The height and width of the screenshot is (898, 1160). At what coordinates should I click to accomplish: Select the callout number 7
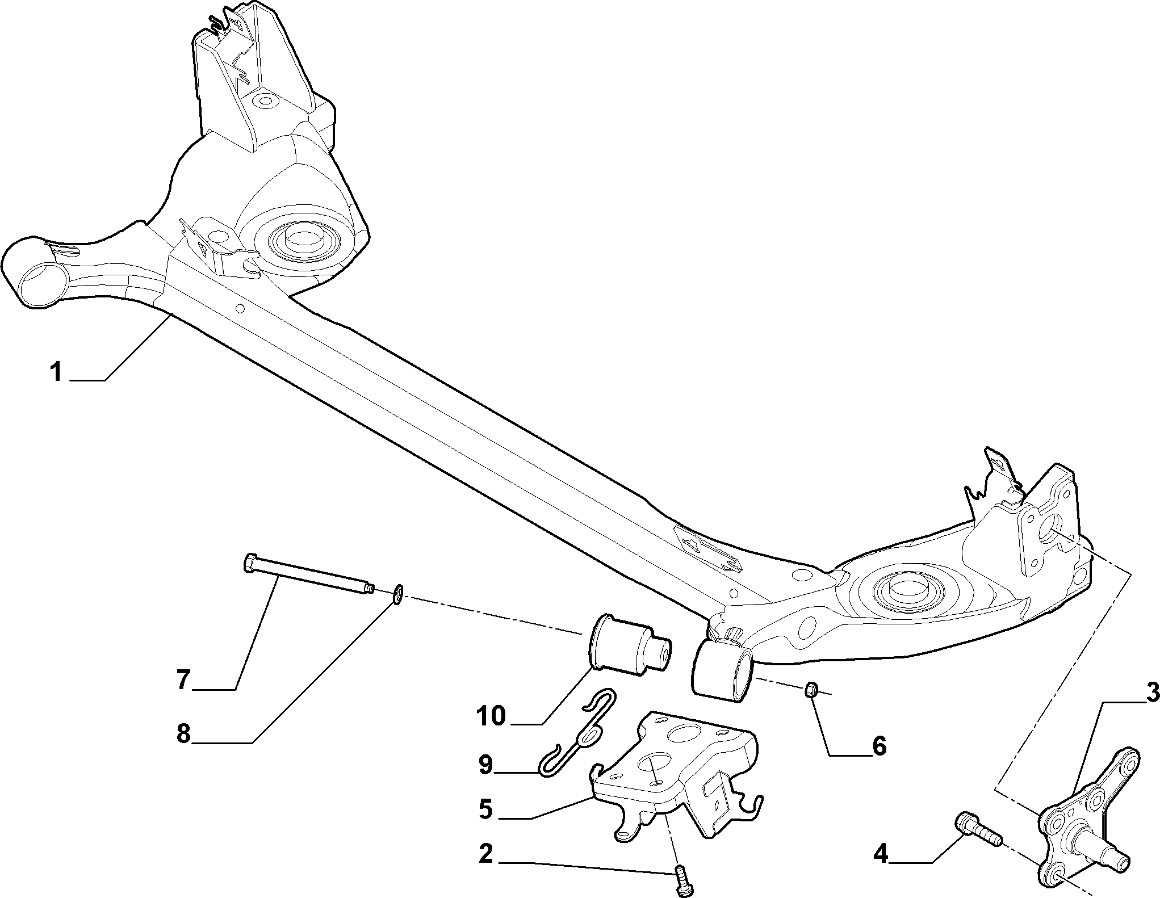183,680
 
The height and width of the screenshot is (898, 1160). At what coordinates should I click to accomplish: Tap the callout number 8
183,735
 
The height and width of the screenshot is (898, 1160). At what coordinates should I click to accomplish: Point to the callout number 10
491,716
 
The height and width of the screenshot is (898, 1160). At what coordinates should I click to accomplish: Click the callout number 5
485,809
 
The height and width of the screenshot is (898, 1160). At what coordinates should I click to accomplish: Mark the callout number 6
878,746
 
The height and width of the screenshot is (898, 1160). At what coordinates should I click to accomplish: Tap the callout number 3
1135,708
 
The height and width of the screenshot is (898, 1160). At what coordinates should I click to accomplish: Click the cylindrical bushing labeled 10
623,647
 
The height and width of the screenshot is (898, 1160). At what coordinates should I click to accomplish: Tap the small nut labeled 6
811,690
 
